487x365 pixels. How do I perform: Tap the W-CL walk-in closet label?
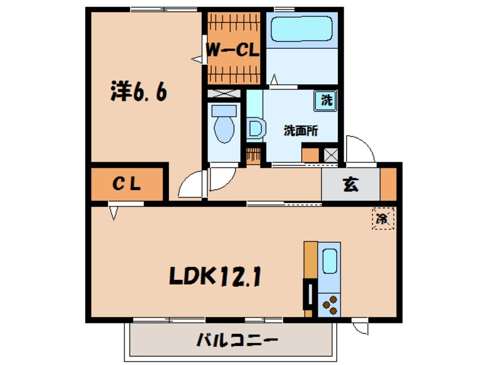pos(233,51)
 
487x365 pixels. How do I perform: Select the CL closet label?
pos(127,184)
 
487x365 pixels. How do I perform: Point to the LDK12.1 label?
pos(215,277)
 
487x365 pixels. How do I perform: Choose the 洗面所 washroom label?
pos(300,131)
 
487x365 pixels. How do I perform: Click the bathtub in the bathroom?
pos(301,29)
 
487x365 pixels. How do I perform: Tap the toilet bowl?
pos(222,127)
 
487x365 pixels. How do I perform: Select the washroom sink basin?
pos(255,128)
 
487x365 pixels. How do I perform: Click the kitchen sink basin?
pos(330,261)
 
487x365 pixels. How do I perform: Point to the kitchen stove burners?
pos(330,305)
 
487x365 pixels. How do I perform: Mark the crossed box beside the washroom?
pos(331,154)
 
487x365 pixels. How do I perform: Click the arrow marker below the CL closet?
pos(113,213)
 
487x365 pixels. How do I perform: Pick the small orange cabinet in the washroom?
pos(310,154)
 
